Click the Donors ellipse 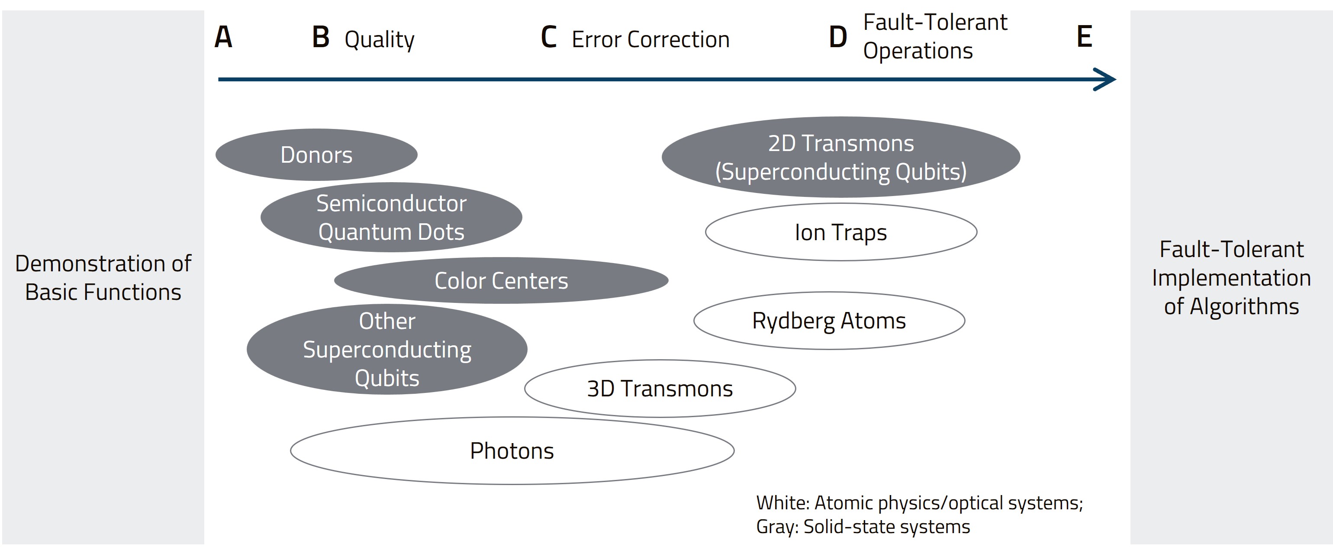tap(316, 155)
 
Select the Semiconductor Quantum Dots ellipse tap(391, 217)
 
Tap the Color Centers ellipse tap(501, 280)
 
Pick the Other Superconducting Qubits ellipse tap(387, 349)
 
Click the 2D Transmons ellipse tap(841, 157)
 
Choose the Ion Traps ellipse tap(841, 232)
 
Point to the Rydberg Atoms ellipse tap(829, 320)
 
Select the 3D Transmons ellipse tap(660, 388)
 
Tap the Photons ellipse tap(512, 450)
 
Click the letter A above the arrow tap(223, 37)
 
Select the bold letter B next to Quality tap(321, 37)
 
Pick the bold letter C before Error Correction tap(548, 37)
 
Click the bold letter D tap(838, 37)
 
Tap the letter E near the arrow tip tap(1084, 37)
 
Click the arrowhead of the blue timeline tap(1106, 80)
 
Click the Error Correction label tap(650, 40)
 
